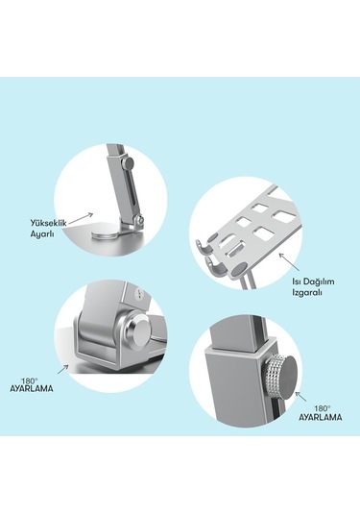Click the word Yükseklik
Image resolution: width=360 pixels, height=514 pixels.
[49, 223]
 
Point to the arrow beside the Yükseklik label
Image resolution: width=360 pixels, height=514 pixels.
[81, 219]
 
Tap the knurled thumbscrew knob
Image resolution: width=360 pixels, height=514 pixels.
[280, 377]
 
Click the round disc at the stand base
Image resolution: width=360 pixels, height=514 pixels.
[105, 234]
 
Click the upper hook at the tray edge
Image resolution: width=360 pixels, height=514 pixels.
[204, 247]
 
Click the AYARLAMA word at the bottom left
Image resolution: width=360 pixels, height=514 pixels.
[31, 388]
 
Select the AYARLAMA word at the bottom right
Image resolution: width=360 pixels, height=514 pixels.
[320, 417]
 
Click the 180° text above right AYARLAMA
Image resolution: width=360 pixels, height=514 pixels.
[323, 408]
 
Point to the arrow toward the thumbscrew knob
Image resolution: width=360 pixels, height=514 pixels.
[301, 396]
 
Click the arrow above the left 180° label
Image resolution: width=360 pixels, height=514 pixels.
[62, 369]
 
